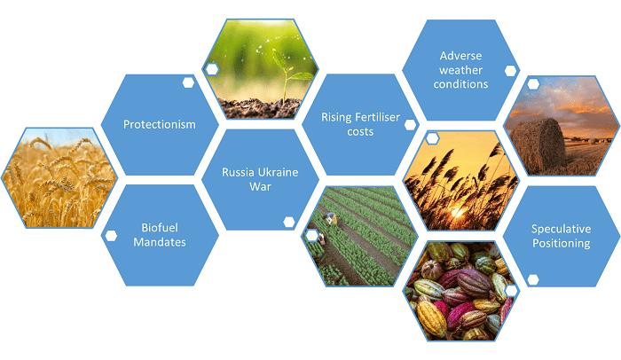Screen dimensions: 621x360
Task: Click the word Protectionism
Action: pyautogui.click(x=159, y=124)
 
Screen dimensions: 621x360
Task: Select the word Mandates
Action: pyautogui.click(x=160, y=242)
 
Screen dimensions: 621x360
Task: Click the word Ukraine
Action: pyautogui.click(x=279, y=172)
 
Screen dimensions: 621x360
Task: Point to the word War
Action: pyautogui.click(x=260, y=186)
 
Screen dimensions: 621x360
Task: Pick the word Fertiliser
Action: pyautogui.click(x=377, y=117)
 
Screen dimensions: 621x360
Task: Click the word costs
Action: pyautogui.click(x=360, y=132)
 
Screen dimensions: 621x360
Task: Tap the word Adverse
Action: pyautogui.click(x=460, y=56)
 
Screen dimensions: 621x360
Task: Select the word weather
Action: pyautogui.click(x=460, y=70)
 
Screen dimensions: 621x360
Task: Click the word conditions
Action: pyautogui.click(x=460, y=84)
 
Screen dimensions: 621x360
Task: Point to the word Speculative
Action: pyautogui.click(x=562, y=229)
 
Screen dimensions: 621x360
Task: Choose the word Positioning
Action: pyautogui.click(x=562, y=243)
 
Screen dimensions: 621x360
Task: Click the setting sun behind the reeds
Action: pyautogui.click(x=458, y=212)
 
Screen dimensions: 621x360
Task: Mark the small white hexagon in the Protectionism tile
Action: pyautogui.click(x=188, y=82)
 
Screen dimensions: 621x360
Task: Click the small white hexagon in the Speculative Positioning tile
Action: pyautogui.click(x=533, y=279)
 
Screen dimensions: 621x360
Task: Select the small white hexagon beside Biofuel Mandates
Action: pyautogui.click(x=111, y=236)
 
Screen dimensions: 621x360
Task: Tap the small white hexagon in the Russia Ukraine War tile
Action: pyautogui.click(x=289, y=223)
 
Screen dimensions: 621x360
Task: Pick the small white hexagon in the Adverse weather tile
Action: pyautogui.click(x=511, y=71)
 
